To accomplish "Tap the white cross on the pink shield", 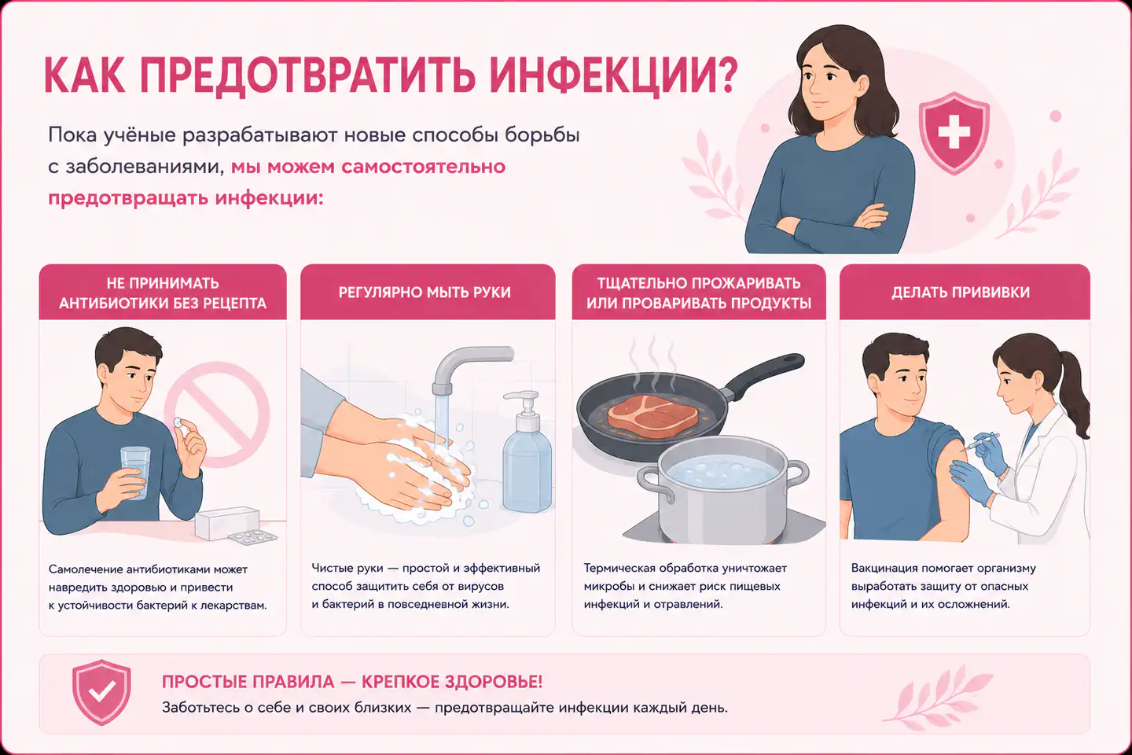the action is [x=954, y=132].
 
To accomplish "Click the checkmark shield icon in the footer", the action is [x=101, y=692].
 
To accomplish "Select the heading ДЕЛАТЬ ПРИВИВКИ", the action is [x=960, y=293].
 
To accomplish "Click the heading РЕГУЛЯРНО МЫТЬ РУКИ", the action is [x=424, y=293].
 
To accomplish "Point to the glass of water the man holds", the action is [x=135, y=473].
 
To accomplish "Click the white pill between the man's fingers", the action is [x=179, y=423].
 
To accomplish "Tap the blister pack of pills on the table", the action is [x=252, y=537].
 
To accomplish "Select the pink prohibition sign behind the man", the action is [x=217, y=414].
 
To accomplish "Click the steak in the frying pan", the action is [x=652, y=416].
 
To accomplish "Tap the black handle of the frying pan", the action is [x=763, y=374].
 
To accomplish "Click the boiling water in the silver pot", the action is [x=724, y=473].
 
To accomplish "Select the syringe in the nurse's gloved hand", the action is [x=980, y=442].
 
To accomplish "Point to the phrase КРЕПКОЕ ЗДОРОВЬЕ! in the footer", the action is [x=452, y=682].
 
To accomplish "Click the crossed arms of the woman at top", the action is [x=829, y=223].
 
